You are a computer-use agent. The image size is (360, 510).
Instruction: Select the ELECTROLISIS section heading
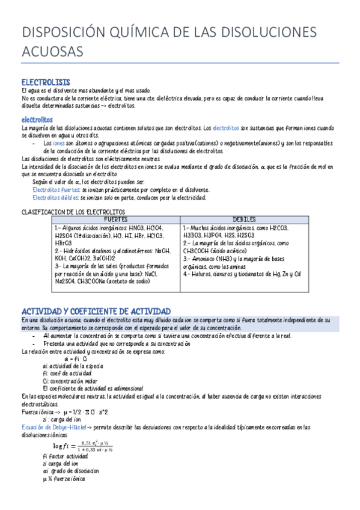tap(45, 82)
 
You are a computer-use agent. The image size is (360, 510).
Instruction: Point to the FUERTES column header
tap(116, 220)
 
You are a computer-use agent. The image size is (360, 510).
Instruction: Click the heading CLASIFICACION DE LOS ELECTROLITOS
tap(73, 212)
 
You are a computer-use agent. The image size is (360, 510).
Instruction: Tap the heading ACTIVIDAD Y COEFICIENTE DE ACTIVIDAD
tap(96, 311)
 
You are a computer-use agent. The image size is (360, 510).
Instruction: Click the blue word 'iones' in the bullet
tap(59, 144)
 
